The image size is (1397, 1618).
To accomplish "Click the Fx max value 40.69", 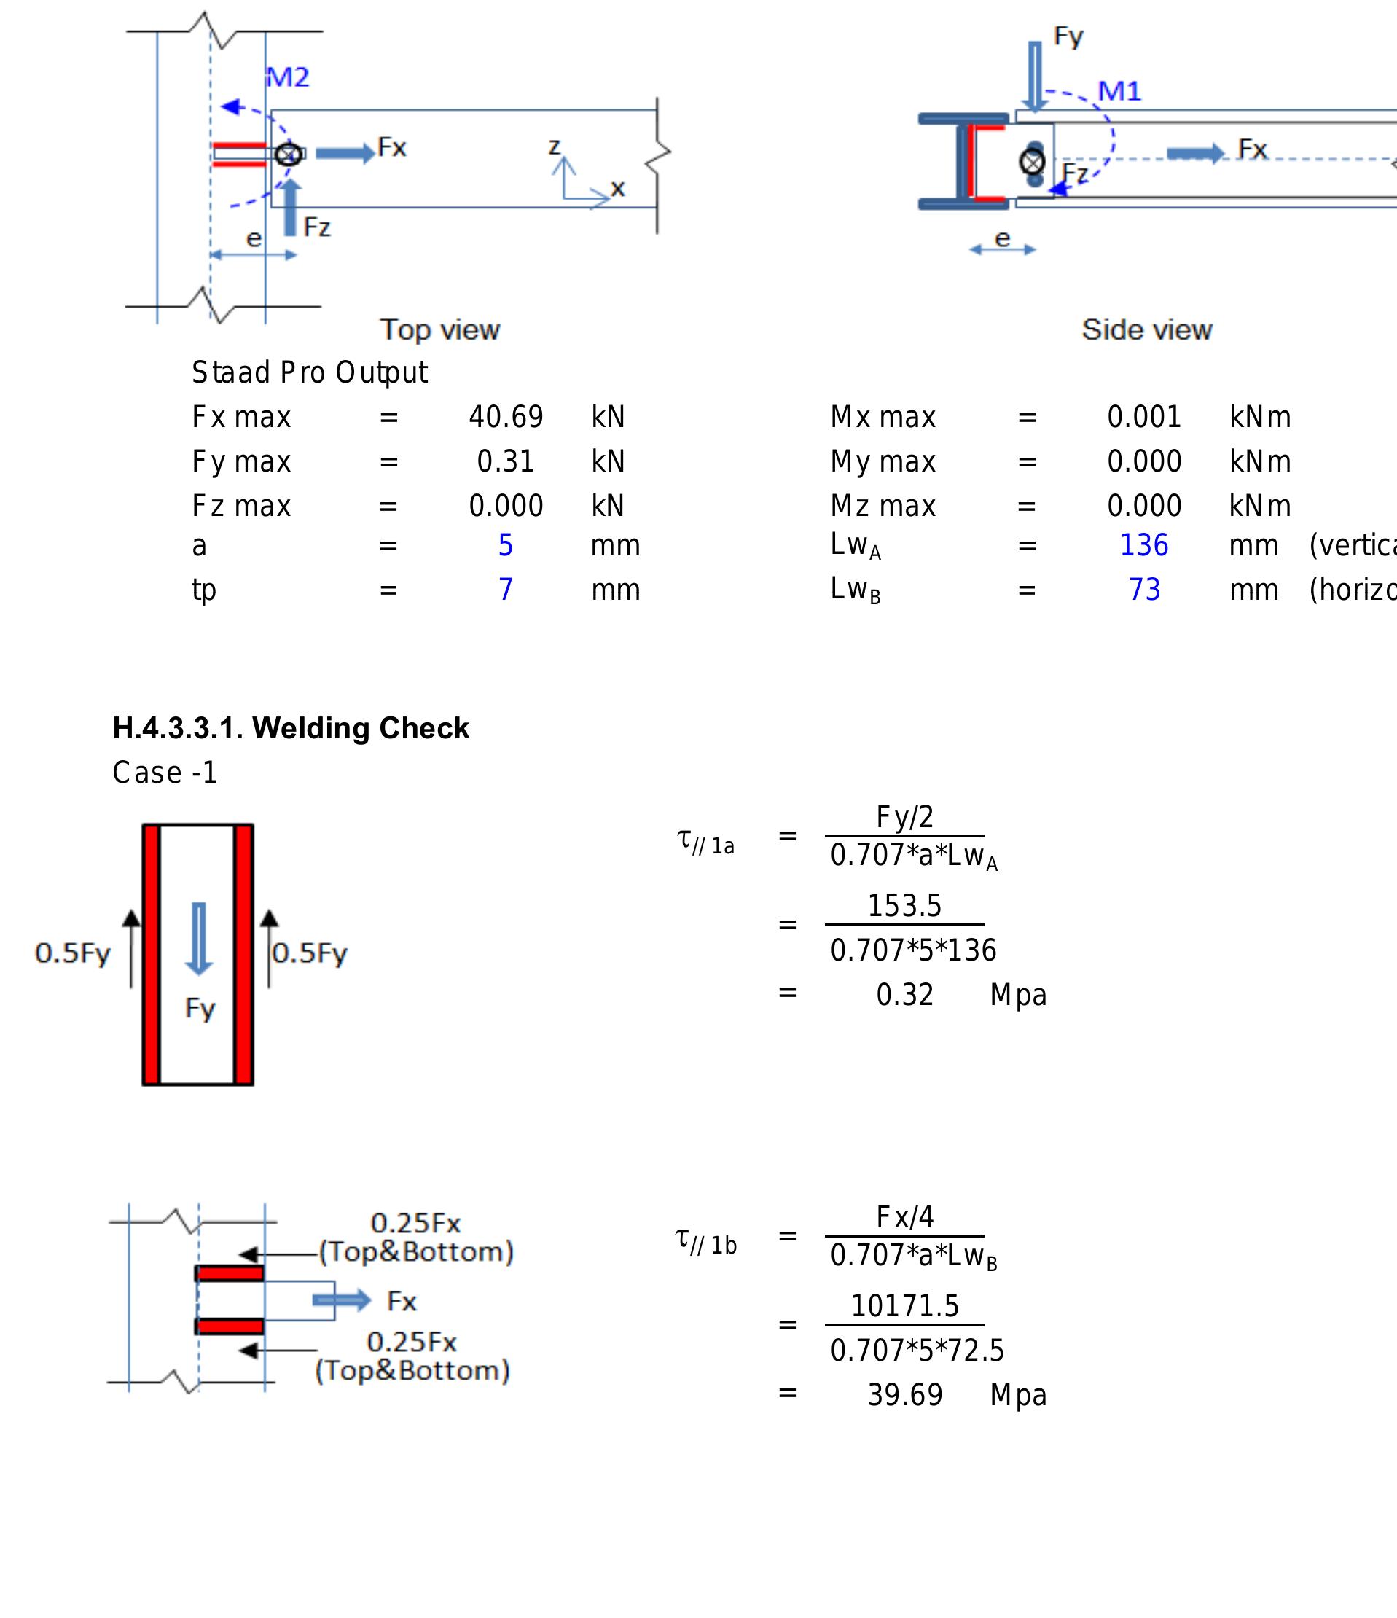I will pyautogui.click(x=505, y=417).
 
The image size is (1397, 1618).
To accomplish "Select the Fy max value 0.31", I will pyautogui.click(x=505, y=461).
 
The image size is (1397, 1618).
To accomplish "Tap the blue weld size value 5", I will pyautogui.click(x=505, y=545).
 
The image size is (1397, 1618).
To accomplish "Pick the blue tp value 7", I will pyautogui.click(x=505, y=590).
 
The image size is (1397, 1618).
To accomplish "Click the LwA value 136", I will pyautogui.click(x=1143, y=545).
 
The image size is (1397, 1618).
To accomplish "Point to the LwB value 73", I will pyautogui.click(x=1144, y=590).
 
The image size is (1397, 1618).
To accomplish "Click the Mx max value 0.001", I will pyautogui.click(x=1143, y=417).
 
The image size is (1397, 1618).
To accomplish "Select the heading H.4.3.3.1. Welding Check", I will pyautogui.click(x=291, y=728).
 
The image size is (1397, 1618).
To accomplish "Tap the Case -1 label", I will pyautogui.click(x=165, y=773).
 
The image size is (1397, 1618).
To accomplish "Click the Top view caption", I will pyautogui.click(x=439, y=329).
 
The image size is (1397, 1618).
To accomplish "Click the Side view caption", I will pyautogui.click(x=1146, y=329).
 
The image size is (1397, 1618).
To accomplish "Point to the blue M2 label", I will pyautogui.click(x=288, y=77).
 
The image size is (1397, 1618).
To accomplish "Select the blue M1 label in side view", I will pyautogui.click(x=1119, y=91).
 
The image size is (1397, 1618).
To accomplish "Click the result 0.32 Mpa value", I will pyautogui.click(x=904, y=995).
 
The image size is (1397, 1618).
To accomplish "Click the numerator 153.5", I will pyautogui.click(x=904, y=906).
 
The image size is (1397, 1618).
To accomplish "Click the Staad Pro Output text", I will pyautogui.click(x=309, y=372).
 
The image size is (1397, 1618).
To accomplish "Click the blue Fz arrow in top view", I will pyautogui.click(x=290, y=207).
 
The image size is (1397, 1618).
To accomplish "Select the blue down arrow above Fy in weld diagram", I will pyautogui.click(x=198, y=938).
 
